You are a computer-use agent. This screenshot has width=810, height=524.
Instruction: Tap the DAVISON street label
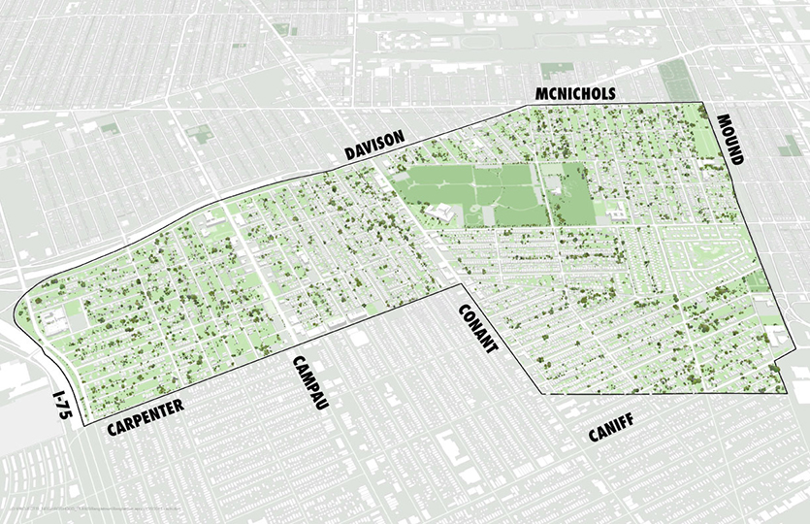click(x=373, y=147)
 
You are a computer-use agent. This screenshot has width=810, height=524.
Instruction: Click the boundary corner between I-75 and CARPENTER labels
click(x=84, y=425)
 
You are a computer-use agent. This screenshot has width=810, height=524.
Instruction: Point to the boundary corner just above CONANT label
click(x=463, y=286)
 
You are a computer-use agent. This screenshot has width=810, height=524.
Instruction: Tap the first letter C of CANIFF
click(x=593, y=437)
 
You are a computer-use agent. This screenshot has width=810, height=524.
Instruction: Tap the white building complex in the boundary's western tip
click(x=53, y=317)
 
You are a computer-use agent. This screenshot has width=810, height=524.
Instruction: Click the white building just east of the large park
click(x=613, y=206)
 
